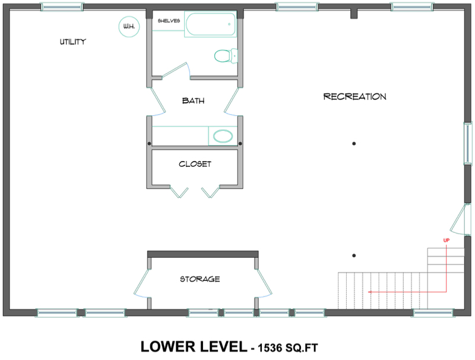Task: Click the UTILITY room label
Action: click(73, 42)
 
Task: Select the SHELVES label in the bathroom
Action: click(169, 20)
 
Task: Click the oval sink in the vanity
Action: click(223, 136)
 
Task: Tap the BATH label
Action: click(193, 101)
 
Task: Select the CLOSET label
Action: click(195, 164)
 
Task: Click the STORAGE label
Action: click(200, 279)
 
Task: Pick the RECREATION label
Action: click(354, 96)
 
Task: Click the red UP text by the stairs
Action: click(446, 240)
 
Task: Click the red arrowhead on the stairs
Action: click(370, 292)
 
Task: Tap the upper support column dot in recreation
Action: click(354, 143)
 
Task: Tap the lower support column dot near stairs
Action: click(354, 255)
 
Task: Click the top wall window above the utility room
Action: click(62, 7)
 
